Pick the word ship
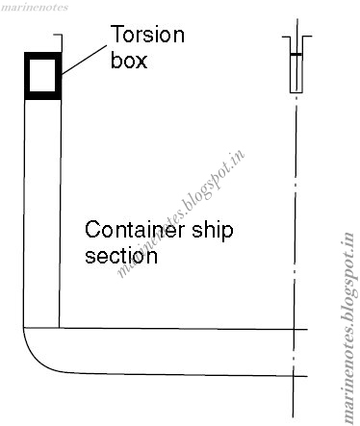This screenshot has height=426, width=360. pos(213,232)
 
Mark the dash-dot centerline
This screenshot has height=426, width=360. pos(296,240)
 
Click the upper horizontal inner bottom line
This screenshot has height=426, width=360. pos(183,328)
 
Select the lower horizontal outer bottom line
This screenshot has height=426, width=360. pos(183,374)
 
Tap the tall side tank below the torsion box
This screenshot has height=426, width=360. pos(41,212)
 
